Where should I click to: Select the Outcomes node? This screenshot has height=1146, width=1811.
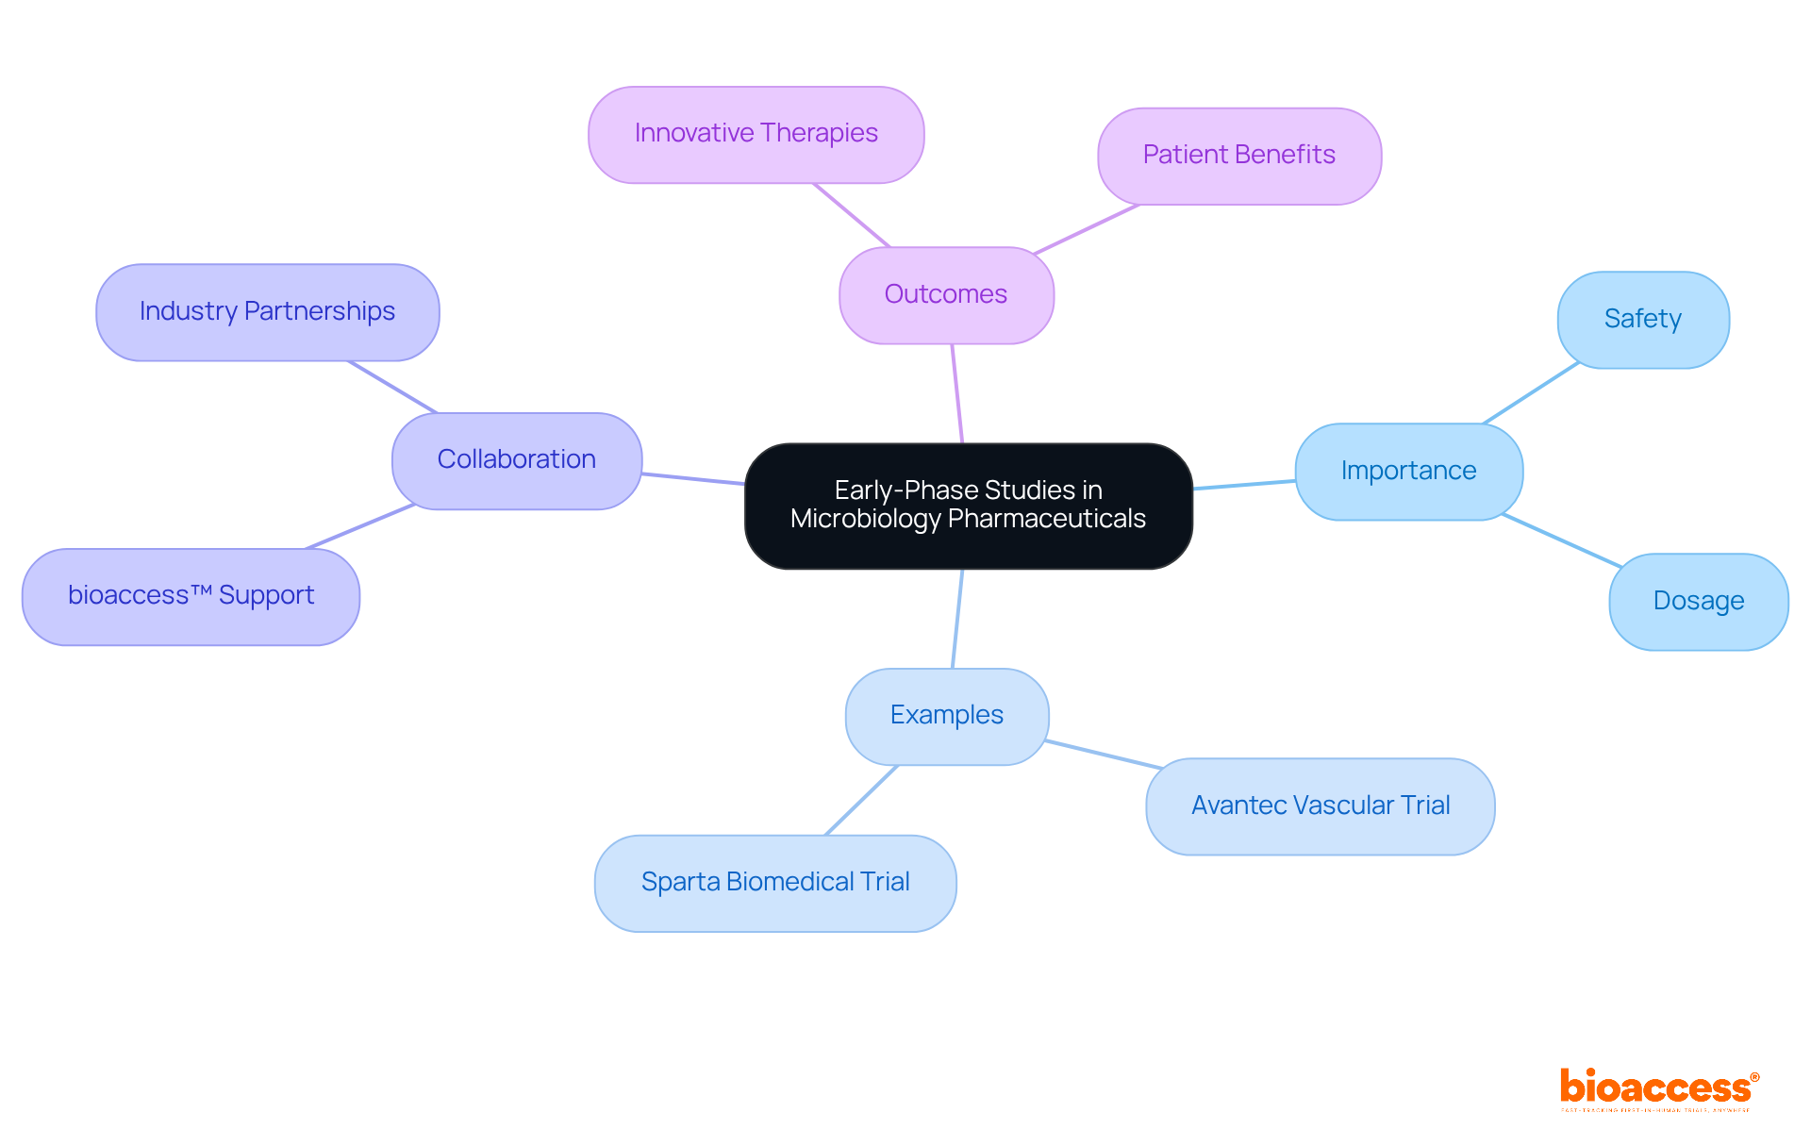(x=946, y=295)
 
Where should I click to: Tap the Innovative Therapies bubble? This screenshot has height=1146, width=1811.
(x=756, y=134)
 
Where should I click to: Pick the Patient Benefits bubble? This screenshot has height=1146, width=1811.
(x=1238, y=156)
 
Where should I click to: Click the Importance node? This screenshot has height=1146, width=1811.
(x=1408, y=471)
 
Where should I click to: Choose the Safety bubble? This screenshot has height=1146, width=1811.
(x=1642, y=320)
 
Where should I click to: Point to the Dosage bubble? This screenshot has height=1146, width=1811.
(x=1698, y=601)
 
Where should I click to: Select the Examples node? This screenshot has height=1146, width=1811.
(x=946, y=716)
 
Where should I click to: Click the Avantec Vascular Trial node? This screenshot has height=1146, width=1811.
(x=1320, y=806)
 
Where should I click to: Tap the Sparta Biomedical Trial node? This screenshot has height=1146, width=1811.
(x=774, y=883)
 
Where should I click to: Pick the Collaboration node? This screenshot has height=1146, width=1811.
(x=516, y=460)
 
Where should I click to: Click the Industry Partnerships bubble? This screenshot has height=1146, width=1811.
(x=267, y=312)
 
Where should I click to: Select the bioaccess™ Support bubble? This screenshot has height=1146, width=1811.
(x=191, y=596)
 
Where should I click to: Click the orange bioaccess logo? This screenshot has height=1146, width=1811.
(x=1657, y=1088)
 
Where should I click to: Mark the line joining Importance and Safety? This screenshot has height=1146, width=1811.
(x=1530, y=394)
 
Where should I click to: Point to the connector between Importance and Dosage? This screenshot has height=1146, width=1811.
(x=1561, y=540)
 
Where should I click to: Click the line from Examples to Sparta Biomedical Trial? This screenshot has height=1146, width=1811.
(x=861, y=800)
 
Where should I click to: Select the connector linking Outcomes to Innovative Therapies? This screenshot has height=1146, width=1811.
(x=851, y=215)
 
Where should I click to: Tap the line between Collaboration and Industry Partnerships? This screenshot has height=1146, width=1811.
(x=392, y=387)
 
